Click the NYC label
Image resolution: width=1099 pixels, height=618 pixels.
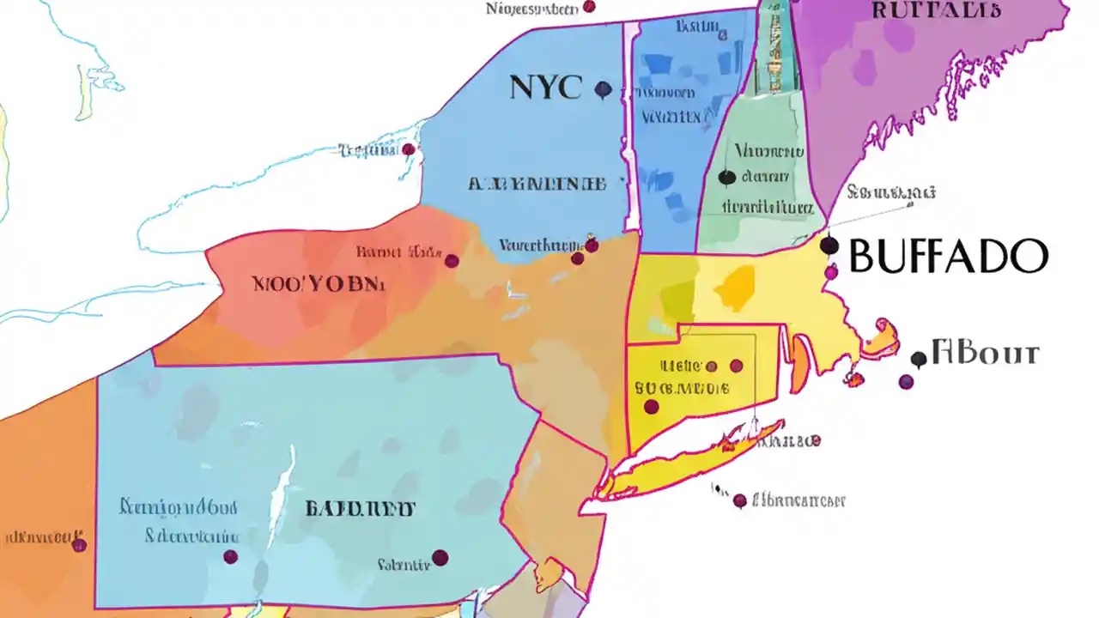pyautogui.click(x=546, y=87)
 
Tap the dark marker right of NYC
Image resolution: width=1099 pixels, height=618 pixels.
pyautogui.click(x=603, y=88)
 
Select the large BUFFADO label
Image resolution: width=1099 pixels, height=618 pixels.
pyautogui.click(x=948, y=256)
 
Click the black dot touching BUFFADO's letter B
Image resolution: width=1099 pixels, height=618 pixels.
pyautogui.click(x=829, y=246)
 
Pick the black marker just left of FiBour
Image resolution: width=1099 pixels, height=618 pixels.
pyautogui.click(x=919, y=359)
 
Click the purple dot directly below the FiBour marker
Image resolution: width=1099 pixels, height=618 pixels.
pyautogui.click(x=906, y=382)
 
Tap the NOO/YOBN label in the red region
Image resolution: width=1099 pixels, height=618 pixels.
pyautogui.click(x=319, y=284)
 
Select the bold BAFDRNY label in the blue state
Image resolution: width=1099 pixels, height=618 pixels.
pyautogui.click(x=361, y=508)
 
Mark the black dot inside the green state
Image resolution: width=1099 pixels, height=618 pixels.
pyautogui.click(x=726, y=178)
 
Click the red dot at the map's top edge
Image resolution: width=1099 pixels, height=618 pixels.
pyautogui.click(x=589, y=7)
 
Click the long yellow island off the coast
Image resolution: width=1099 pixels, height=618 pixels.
pyautogui.click(x=687, y=463)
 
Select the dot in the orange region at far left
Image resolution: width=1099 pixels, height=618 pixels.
pyautogui.click(x=79, y=545)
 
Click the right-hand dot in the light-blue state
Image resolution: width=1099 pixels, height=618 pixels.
pyautogui.click(x=440, y=558)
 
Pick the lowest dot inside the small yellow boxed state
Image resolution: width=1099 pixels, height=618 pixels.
pyautogui.click(x=652, y=406)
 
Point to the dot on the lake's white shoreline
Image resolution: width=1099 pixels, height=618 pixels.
pyautogui.click(x=409, y=149)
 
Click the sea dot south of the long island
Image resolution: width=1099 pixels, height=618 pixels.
pyautogui.click(x=739, y=500)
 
